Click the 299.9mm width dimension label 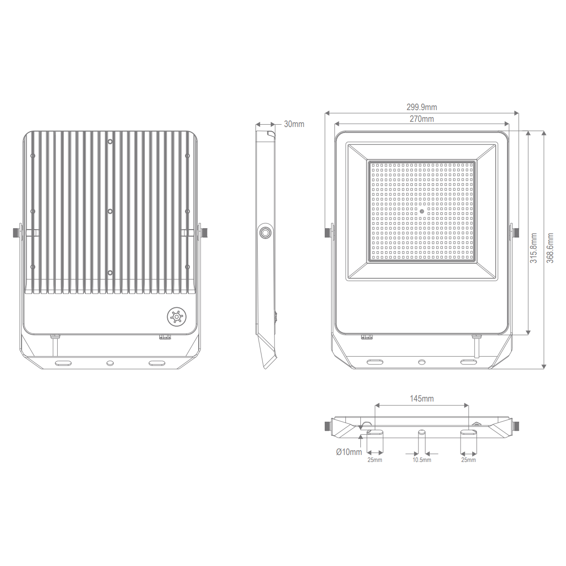pos(421,107)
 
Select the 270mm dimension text pos(421,119)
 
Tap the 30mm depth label pos(294,124)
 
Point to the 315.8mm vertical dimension pos(534,248)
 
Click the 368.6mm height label pos(550,248)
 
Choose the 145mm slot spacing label pos(421,399)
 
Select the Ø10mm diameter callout pos(349,452)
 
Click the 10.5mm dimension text pos(421,460)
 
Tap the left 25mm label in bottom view pos(374,460)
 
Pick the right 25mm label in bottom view pos(468,460)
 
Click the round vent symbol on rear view pos(177,317)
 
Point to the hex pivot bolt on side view pos(265,232)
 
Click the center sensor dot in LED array pos(422,211)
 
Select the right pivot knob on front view pos(515,232)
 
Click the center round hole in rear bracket pos(110,363)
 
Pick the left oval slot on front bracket pos(375,362)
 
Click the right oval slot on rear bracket pos(157,363)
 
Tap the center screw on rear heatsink pos(110,211)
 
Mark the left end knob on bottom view pos(328,426)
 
